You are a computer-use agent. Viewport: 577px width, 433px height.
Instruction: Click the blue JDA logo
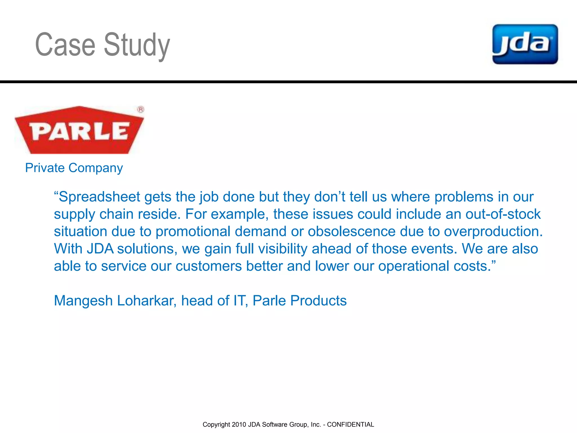coord(525,44)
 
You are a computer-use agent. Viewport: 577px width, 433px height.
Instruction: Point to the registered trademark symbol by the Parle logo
coord(141,109)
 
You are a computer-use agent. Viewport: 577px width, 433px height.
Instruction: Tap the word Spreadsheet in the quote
coord(99,197)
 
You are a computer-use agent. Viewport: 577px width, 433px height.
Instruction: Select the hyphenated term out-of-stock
coord(503,214)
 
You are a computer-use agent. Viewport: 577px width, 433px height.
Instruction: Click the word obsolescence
coord(352,231)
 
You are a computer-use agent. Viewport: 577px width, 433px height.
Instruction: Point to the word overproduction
coord(493,232)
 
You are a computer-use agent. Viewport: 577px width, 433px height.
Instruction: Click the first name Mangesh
coord(83,301)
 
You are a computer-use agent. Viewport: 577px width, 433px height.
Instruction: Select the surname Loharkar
coord(147,301)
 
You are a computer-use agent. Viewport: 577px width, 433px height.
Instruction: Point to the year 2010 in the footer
coord(239,425)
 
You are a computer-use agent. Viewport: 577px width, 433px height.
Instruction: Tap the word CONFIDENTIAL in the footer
coord(350,425)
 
